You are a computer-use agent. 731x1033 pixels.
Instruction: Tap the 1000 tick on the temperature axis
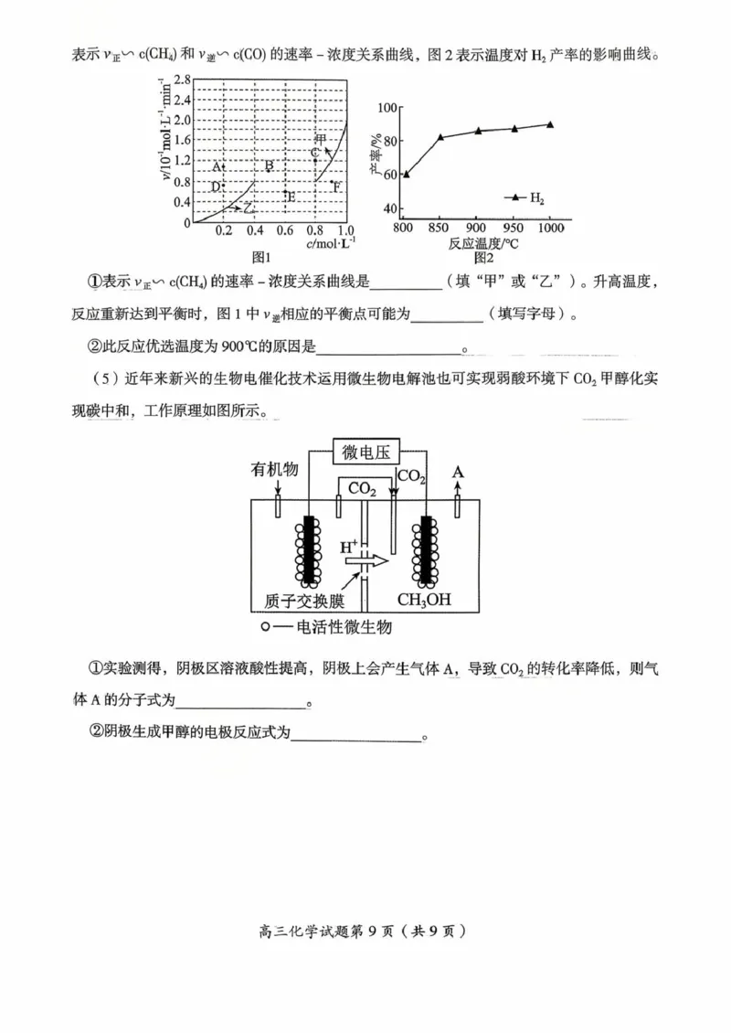[550, 227]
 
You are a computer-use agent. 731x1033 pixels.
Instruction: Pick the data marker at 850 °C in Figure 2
[440, 137]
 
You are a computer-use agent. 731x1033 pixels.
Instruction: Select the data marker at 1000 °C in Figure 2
[550, 124]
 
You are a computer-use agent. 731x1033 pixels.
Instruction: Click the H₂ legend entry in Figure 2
[525, 197]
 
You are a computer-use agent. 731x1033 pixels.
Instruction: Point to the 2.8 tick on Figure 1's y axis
[180, 80]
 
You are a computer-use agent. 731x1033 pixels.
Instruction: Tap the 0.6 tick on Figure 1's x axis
[285, 230]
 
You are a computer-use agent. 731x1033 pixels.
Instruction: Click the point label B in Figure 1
[269, 166]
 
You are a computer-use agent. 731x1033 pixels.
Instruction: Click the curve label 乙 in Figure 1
[249, 208]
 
